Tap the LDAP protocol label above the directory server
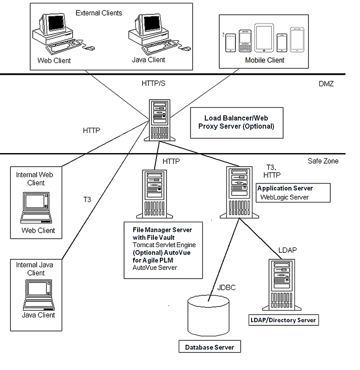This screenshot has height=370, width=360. click(x=288, y=250)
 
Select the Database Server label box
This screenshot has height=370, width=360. click(x=210, y=347)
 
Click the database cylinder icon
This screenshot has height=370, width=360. click(x=208, y=315)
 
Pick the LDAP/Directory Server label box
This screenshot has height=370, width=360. click(x=283, y=320)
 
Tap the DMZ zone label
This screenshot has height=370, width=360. click(x=326, y=84)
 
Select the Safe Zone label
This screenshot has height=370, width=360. click(x=323, y=161)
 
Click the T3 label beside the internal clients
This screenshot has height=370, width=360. click(x=87, y=199)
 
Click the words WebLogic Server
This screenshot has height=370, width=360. click(x=284, y=197)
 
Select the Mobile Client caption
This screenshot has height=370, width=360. click(x=265, y=60)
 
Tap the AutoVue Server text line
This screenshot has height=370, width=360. click(x=155, y=267)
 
